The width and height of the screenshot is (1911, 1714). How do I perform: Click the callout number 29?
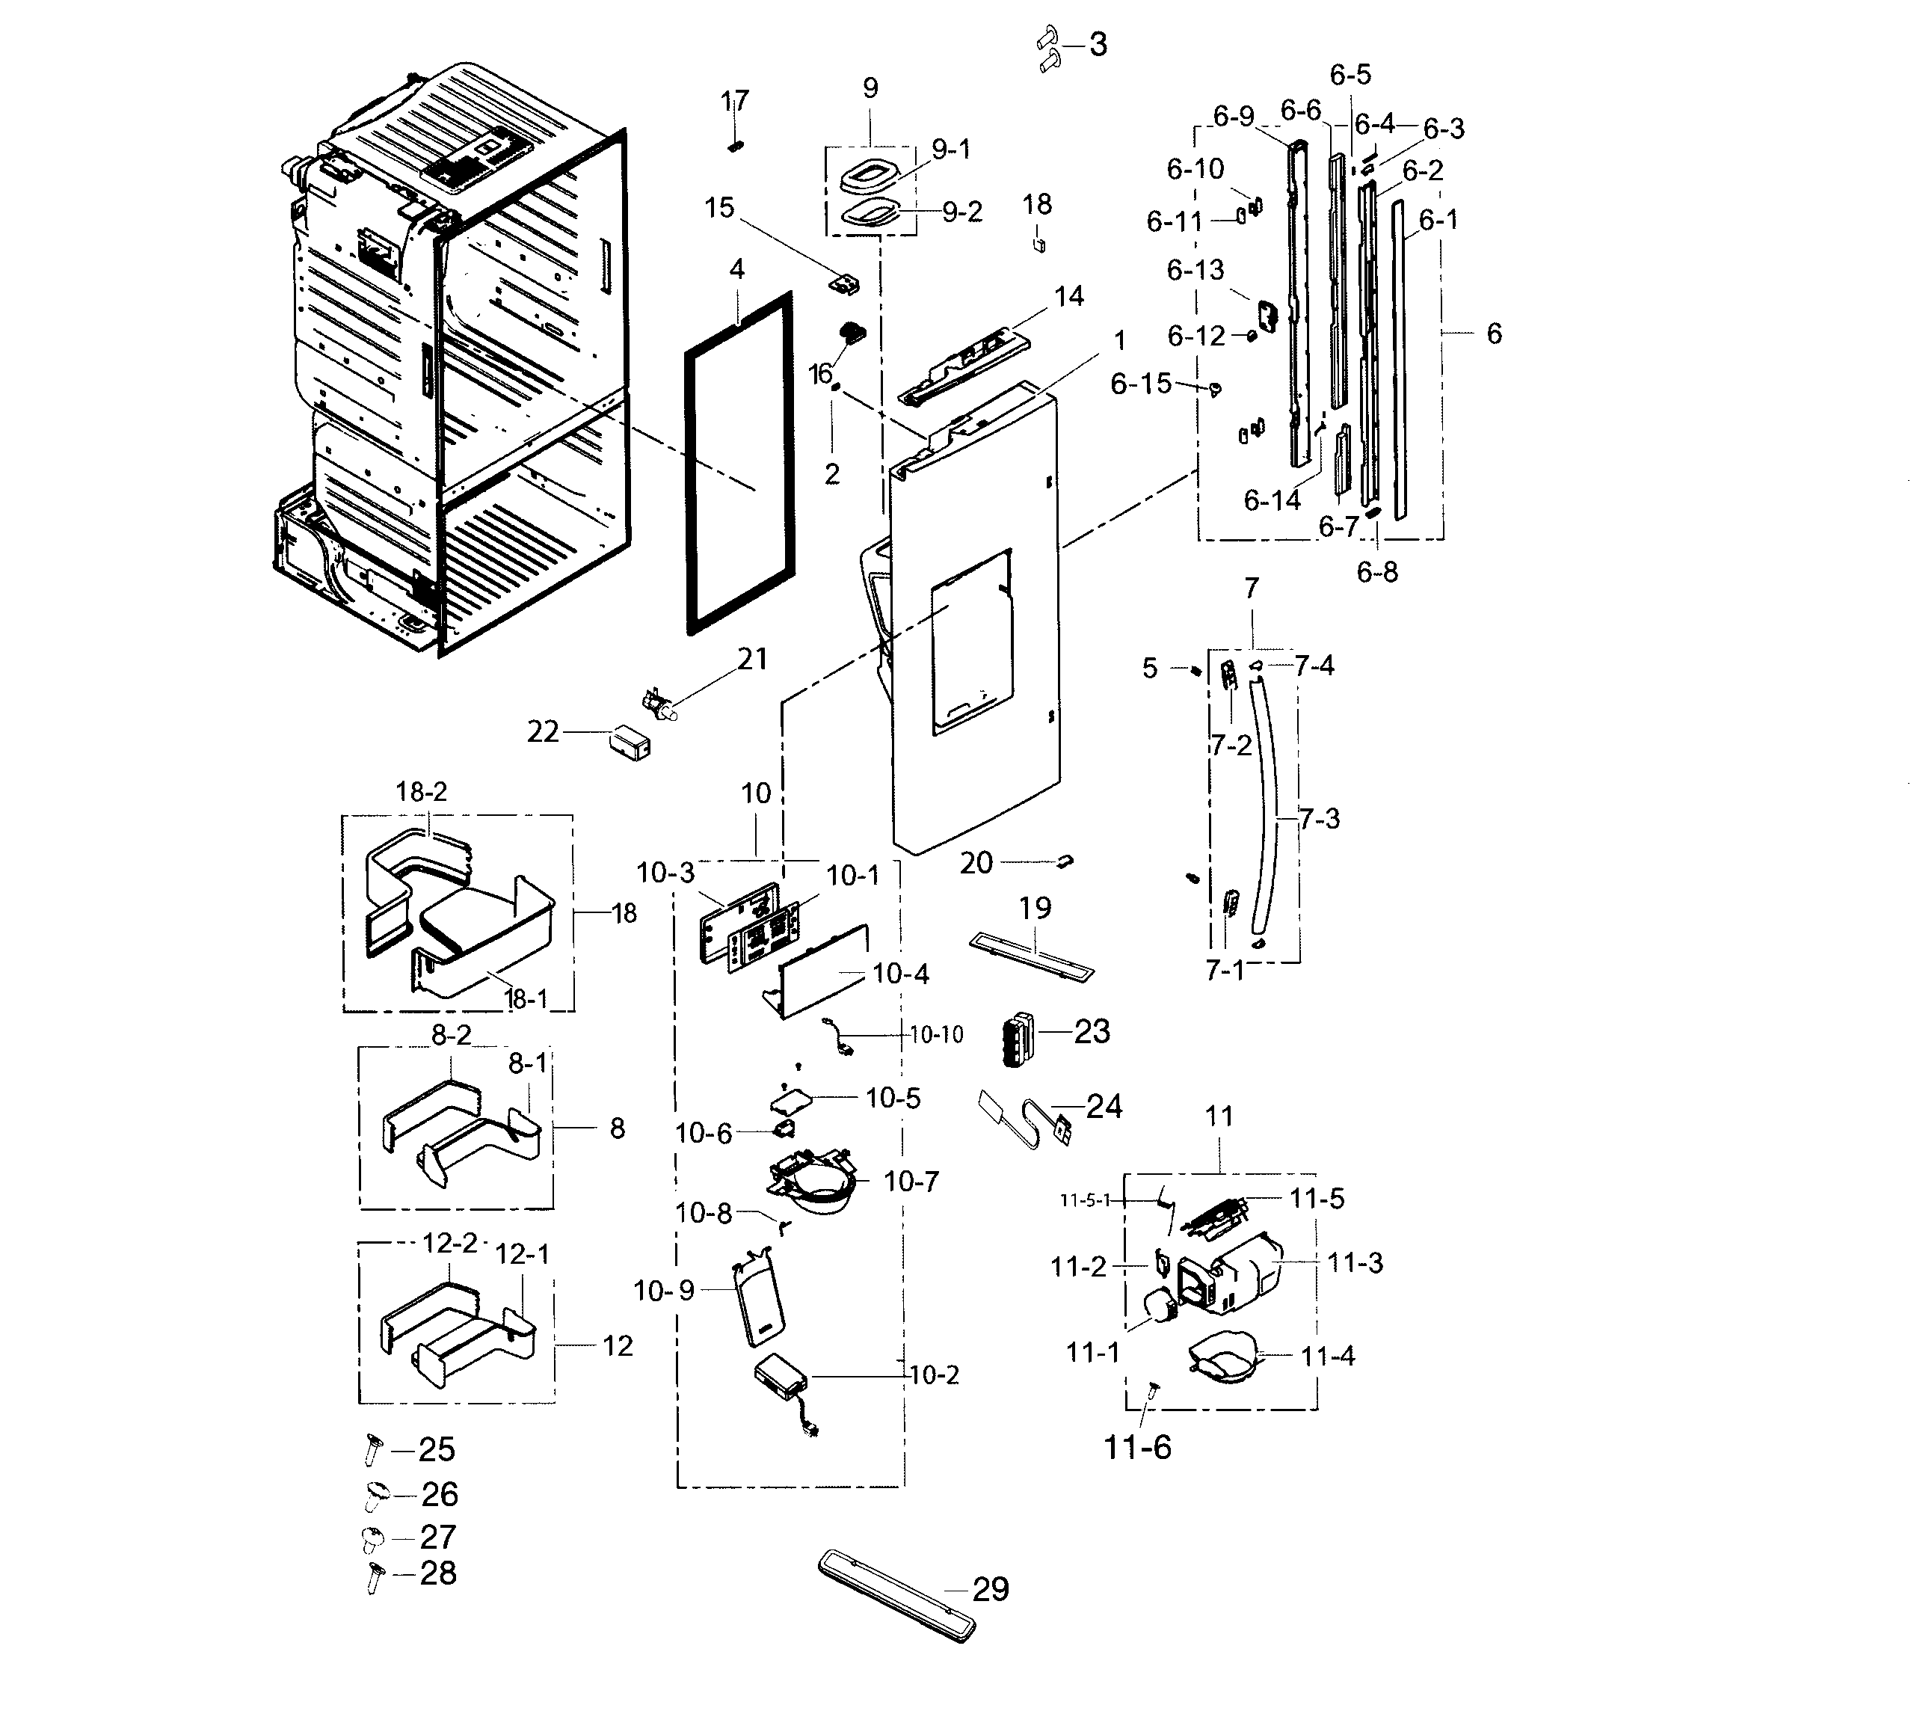(x=991, y=1589)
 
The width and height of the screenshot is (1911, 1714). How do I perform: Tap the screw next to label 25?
(x=371, y=1449)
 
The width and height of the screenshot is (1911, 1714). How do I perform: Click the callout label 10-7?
(x=911, y=1181)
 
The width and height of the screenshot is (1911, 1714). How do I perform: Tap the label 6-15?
(x=1140, y=384)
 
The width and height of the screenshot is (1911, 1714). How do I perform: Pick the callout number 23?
(x=1092, y=1031)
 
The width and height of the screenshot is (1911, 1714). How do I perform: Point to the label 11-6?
(x=1137, y=1446)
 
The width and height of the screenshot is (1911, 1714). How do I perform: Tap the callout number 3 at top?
(x=1098, y=44)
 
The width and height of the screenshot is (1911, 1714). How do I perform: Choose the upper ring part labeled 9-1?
(x=866, y=175)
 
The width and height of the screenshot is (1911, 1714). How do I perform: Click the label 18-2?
(x=421, y=792)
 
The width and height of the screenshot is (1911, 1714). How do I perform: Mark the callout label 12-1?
(x=523, y=1254)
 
